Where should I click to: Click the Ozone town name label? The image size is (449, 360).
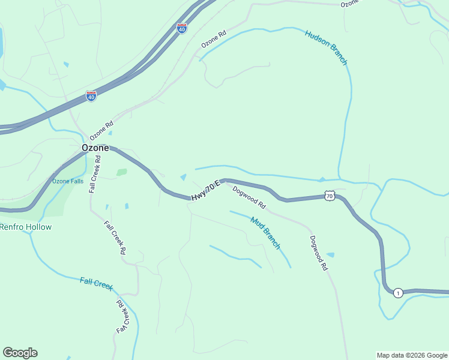95,148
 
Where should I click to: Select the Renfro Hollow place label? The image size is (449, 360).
26,227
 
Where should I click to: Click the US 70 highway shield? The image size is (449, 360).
329,196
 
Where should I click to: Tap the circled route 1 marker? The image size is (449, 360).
397,293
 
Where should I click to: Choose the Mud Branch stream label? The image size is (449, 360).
265,233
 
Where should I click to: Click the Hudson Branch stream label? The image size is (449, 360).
326,47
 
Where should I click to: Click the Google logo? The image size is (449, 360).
20,353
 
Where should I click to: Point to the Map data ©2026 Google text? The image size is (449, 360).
412,355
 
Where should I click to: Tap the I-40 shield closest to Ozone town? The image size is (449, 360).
91,96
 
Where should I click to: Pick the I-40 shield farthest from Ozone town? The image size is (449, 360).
182,28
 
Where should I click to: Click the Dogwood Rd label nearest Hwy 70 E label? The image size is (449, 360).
249,197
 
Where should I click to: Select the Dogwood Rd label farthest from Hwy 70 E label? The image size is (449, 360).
318,253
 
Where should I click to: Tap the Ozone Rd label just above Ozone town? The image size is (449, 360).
101,131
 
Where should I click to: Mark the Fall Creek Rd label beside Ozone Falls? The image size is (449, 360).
94,173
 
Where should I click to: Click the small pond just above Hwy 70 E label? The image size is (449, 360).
183,177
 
